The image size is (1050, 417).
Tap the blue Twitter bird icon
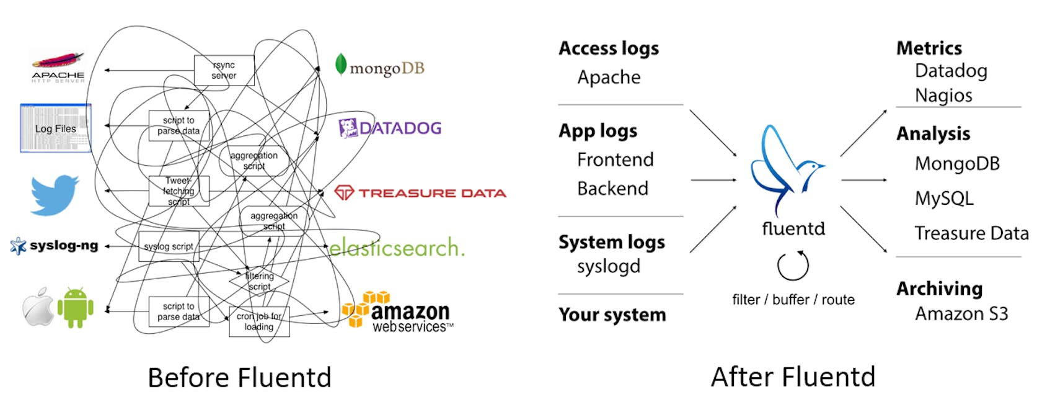coord(55,195)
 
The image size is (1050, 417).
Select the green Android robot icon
coord(76,307)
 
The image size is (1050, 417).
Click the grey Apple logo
coord(38,307)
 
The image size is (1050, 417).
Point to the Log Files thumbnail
coord(56,128)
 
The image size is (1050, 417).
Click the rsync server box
coord(224,70)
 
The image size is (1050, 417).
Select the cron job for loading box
coord(259,321)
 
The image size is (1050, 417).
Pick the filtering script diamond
coord(259,281)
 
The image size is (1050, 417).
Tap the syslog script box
coord(169,246)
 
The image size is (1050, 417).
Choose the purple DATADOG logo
coord(390,128)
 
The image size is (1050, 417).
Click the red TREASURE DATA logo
coord(420,193)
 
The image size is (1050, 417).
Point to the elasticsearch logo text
coord(396,248)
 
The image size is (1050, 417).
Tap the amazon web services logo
coord(397,313)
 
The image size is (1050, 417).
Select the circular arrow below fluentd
coord(793,266)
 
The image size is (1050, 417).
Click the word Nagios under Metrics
coord(943,96)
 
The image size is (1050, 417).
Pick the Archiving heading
coord(939,289)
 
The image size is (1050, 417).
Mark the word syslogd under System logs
coord(608,267)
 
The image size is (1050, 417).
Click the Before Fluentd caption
coord(239,377)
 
